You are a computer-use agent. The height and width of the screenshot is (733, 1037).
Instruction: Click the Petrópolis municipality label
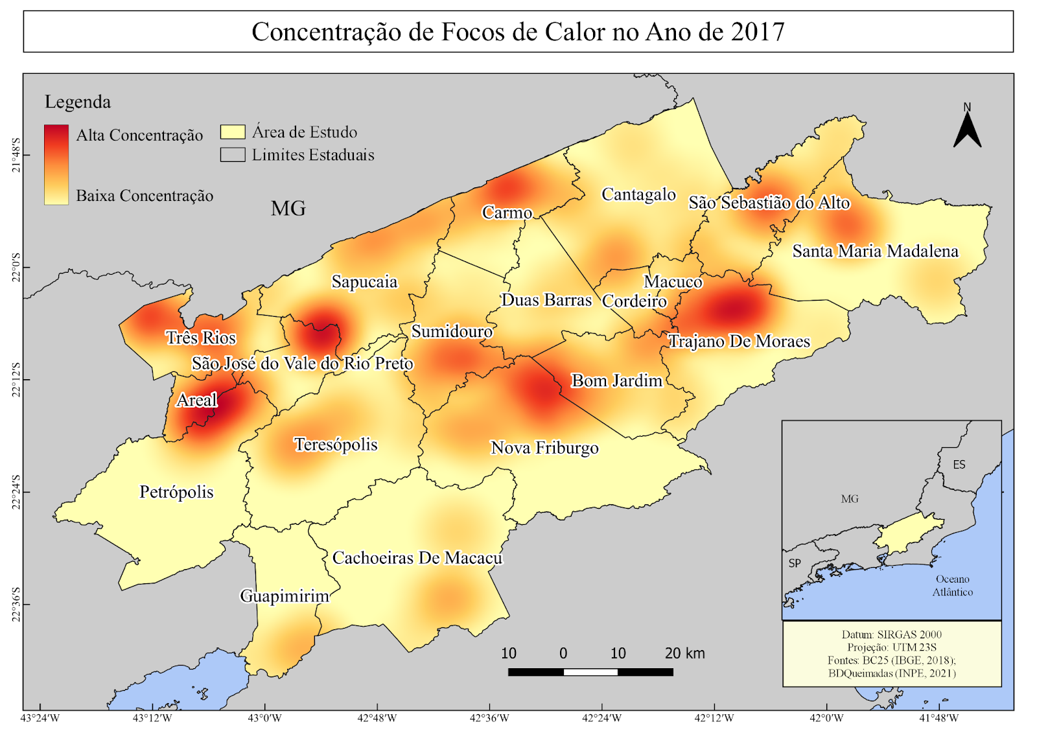tap(176, 492)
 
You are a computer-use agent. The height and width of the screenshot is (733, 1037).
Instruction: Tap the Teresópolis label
tap(336, 445)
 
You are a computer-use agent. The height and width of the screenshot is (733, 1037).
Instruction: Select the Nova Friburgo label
tap(544, 448)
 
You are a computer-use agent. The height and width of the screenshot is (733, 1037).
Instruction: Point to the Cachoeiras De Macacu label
tap(417, 558)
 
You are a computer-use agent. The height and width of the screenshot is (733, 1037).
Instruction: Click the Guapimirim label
tap(285, 596)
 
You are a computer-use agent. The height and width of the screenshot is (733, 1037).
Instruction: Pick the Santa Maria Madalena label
tap(875, 251)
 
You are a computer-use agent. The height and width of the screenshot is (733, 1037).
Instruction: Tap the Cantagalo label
tap(638, 194)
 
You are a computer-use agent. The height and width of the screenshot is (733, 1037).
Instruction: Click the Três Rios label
tap(201, 338)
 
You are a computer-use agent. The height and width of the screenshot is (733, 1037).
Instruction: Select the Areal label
tap(197, 401)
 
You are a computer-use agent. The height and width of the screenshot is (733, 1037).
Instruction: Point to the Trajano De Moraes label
tap(739, 342)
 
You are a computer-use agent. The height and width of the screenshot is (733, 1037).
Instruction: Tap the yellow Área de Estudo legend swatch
tap(233, 132)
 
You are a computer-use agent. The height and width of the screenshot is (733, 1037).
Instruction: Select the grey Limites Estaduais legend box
tap(233, 155)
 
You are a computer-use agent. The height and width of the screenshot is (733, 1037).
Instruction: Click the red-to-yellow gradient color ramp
tap(56, 165)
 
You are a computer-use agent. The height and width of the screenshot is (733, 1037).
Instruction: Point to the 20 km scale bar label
tap(684, 653)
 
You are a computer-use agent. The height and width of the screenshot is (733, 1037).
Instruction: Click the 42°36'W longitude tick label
tap(489, 718)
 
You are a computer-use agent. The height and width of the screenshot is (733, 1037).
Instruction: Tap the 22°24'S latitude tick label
tap(16, 492)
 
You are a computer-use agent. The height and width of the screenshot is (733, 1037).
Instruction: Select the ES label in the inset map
tap(959, 465)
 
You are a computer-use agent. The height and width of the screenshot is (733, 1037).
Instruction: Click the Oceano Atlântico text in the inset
tap(952, 585)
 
